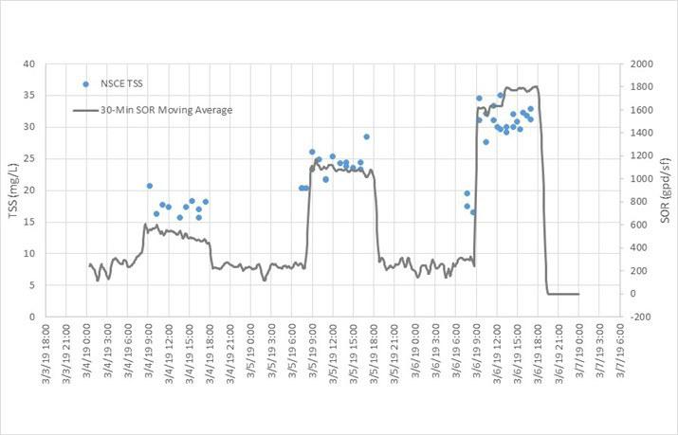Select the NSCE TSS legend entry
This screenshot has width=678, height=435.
[119, 84]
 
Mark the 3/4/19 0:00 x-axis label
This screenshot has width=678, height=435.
[87, 356]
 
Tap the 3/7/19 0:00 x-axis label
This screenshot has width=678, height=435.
[578, 356]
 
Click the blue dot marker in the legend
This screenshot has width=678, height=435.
[85, 84]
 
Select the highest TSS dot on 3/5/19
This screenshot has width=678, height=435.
[366, 136]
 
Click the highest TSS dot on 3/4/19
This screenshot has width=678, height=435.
[149, 186]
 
